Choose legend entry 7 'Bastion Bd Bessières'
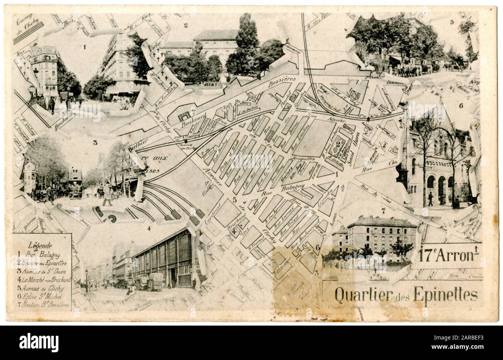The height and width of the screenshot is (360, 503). [43, 305]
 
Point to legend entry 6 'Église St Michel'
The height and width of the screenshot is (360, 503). [41, 296]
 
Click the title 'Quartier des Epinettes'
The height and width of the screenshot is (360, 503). [406, 295]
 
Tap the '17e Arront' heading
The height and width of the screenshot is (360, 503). [450, 255]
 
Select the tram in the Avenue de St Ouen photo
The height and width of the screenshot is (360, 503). [75, 183]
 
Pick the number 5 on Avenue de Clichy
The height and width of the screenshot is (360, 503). [235, 200]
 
